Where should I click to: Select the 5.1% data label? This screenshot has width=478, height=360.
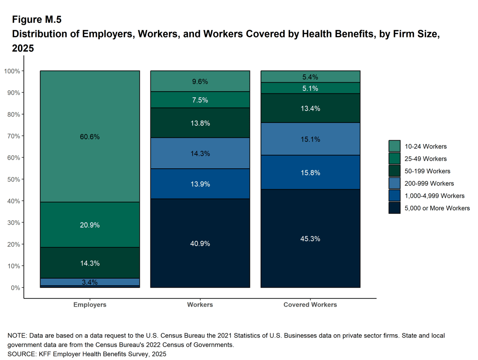tap(310, 88)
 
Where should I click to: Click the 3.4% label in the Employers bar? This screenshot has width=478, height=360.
tap(90, 282)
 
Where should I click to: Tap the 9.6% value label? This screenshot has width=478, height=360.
tap(200, 81)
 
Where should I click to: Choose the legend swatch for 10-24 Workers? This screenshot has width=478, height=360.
tap(394, 146)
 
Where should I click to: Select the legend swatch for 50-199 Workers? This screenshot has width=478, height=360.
tap(394, 171)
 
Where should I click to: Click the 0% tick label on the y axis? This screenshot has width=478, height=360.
tap(15, 288)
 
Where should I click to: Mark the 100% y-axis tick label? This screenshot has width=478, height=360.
tap(12, 71)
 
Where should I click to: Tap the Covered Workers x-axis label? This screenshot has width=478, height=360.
tap(310, 304)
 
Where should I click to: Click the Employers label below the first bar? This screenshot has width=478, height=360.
tap(90, 304)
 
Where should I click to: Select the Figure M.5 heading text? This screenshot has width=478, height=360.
tap(36, 20)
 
